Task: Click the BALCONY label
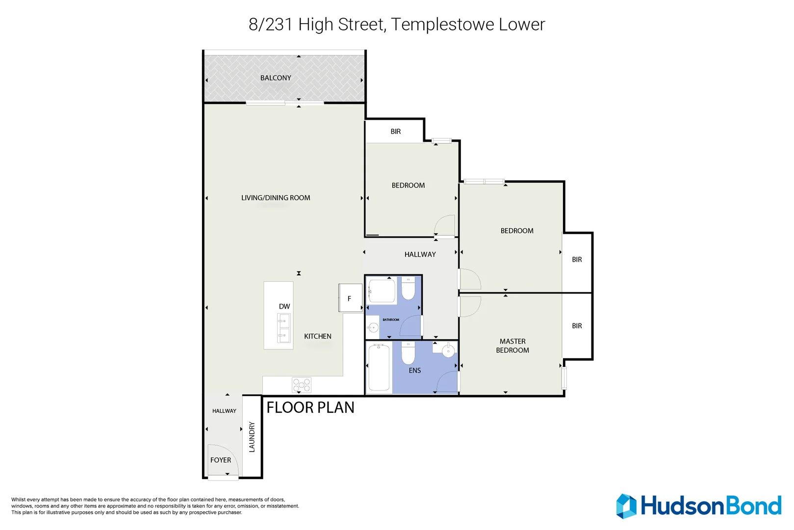click(276, 78)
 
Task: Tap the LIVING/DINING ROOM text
click(276, 198)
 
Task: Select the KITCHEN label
click(318, 336)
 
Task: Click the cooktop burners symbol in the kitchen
click(301, 385)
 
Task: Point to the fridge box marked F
click(350, 298)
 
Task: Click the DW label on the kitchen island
click(284, 307)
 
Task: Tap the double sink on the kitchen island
click(284, 328)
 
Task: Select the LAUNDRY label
click(252, 437)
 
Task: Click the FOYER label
click(221, 460)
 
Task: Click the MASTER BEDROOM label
click(512, 346)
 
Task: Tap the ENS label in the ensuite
click(415, 371)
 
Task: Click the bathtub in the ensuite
click(379, 368)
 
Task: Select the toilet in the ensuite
click(408, 353)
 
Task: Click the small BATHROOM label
click(391, 319)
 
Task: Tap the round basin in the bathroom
click(373, 327)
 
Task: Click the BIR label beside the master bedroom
click(577, 326)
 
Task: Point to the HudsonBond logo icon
click(626, 506)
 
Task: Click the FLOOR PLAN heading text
click(310, 408)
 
